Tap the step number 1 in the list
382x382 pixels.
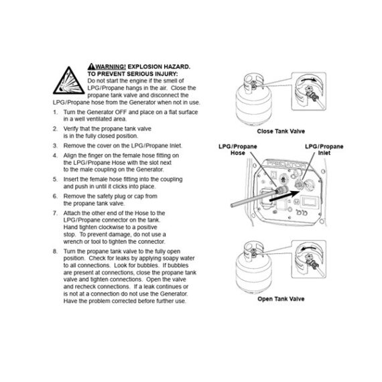(x=54, y=112)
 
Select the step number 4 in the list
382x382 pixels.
(x=54, y=155)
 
